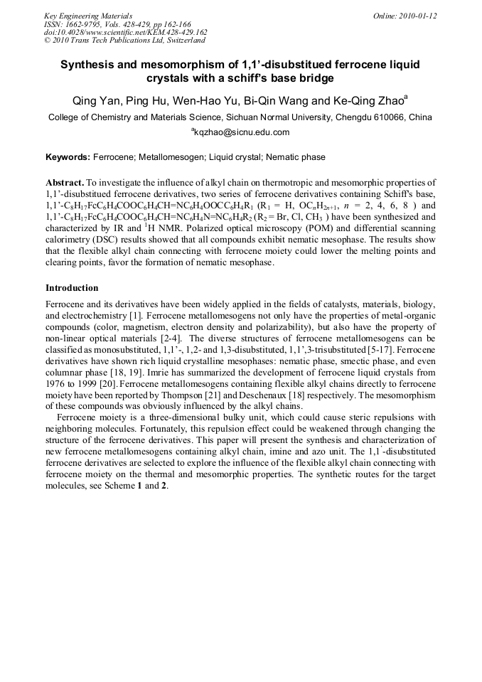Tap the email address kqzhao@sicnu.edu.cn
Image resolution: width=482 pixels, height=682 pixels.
242,132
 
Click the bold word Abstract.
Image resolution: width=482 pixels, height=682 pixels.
65,183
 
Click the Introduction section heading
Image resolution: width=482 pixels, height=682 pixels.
72,288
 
